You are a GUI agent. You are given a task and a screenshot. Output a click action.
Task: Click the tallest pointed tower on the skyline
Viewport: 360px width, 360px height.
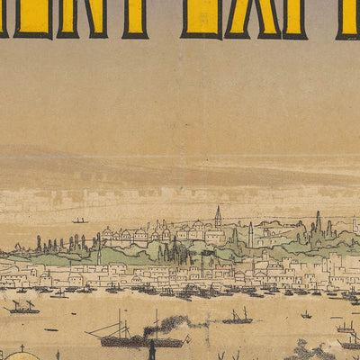tap(217, 218)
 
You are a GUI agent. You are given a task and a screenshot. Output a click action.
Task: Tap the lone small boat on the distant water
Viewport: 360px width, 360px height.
tap(79, 220)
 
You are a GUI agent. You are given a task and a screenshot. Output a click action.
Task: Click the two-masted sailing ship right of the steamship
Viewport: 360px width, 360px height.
tap(238, 317)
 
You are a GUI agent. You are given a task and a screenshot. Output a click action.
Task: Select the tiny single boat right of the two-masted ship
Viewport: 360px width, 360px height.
tap(306, 315)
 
